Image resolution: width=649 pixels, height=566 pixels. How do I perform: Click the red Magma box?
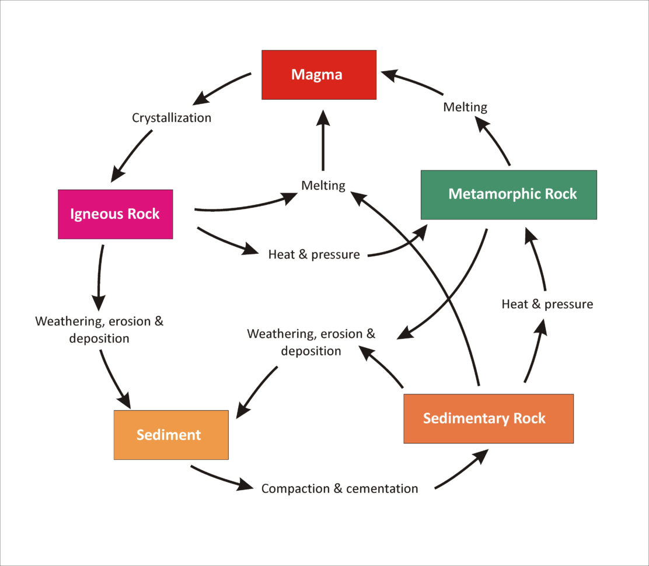(x=319, y=75)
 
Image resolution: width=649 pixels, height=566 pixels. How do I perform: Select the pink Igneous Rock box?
(x=115, y=214)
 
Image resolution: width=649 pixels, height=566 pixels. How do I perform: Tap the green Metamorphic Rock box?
(x=508, y=194)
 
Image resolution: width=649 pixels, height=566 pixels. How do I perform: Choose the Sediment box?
(x=170, y=435)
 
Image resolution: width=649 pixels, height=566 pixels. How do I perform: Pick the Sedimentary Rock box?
(x=488, y=418)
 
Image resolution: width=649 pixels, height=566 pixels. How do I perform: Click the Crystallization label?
(x=171, y=118)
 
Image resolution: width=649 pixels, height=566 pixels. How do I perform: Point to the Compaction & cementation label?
(x=339, y=488)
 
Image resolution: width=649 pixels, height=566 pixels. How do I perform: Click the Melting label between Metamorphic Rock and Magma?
(x=465, y=107)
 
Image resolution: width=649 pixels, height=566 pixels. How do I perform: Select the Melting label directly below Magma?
(x=323, y=186)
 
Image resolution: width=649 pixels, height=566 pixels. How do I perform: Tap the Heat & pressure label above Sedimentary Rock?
(x=547, y=304)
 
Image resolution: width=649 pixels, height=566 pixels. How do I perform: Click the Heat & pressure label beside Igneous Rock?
(x=313, y=254)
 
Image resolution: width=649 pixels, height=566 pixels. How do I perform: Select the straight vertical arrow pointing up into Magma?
(x=323, y=140)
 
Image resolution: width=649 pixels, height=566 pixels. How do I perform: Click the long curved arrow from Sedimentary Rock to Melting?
(x=444, y=280)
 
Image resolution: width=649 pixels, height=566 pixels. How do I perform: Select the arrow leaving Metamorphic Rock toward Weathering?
(x=455, y=292)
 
